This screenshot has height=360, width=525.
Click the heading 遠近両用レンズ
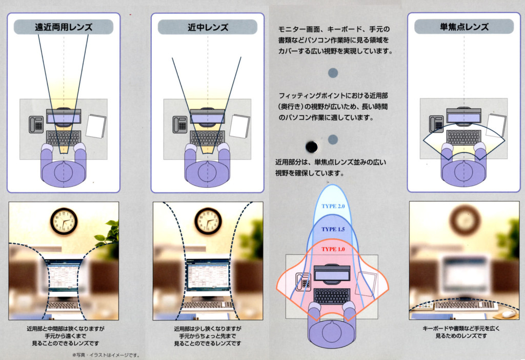click(x=64, y=27)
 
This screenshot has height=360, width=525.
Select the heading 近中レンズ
click(x=208, y=27)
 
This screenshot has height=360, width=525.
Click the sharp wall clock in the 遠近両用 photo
click(x=64, y=221)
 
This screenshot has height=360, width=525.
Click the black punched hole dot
click(x=311, y=147)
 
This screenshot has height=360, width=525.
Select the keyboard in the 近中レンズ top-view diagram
click(x=207, y=138)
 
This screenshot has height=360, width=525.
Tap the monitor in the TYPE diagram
click(x=332, y=275)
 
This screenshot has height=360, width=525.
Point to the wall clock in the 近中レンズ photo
click(x=208, y=221)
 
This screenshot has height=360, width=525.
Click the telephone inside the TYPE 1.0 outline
click(x=303, y=282)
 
